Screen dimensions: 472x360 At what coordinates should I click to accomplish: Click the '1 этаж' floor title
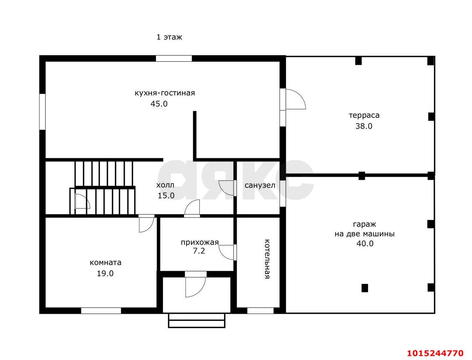click(x=169, y=37)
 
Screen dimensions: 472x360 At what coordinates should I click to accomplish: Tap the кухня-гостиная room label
click(x=165, y=93)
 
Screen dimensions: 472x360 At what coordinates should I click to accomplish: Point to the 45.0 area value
click(x=159, y=104)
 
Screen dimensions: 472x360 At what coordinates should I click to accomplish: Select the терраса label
click(x=364, y=116)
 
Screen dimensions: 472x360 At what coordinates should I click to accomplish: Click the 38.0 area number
click(x=364, y=126)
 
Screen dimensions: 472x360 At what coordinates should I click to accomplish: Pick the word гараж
click(x=364, y=225)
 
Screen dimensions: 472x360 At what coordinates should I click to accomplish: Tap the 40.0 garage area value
click(x=365, y=244)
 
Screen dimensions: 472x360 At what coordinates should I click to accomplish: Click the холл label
click(x=165, y=185)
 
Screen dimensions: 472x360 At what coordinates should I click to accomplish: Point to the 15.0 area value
click(x=166, y=196)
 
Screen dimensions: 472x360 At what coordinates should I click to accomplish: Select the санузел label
click(x=260, y=186)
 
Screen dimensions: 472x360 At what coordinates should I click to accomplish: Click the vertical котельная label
click(x=267, y=259)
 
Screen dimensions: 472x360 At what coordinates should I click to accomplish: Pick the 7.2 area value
click(x=199, y=251)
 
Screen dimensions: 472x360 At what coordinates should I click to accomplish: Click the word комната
click(x=105, y=263)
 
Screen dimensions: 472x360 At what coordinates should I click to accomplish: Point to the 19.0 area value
click(x=105, y=274)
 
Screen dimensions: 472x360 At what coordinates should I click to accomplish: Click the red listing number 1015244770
click(x=435, y=353)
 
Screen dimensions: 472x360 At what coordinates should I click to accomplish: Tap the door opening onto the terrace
click(x=293, y=99)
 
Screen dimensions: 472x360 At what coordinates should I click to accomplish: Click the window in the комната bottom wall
click(x=101, y=311)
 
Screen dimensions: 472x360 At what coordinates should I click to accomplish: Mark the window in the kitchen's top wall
click(x=174, y=59)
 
